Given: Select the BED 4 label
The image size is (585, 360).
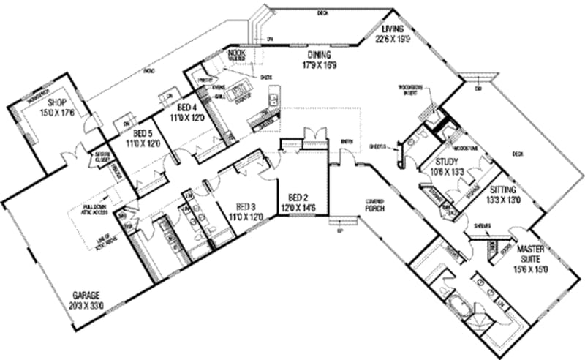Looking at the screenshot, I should coord(181,107).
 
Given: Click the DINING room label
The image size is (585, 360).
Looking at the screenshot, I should coord(320,54).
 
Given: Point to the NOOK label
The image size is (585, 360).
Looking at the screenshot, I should coord(235,53).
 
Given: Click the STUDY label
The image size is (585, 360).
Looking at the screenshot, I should coord(446,162).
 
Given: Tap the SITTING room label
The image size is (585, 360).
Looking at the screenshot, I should coord(503,188).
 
